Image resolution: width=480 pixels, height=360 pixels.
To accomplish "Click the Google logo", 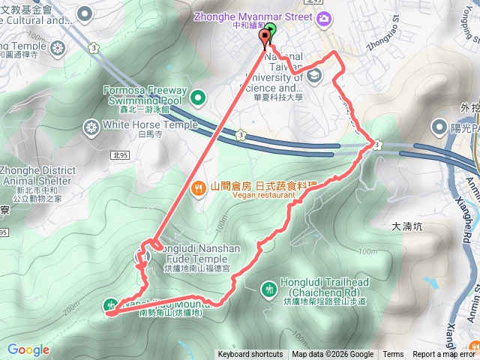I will coord(28,349).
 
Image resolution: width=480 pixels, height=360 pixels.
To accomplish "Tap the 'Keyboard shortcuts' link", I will coord(250,355).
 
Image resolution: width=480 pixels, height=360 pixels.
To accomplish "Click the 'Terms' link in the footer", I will coord(393,355).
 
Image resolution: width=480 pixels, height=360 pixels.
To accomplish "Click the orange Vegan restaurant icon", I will coord(199,187).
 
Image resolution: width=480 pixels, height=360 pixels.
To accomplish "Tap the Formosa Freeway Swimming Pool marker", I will coord(198,97).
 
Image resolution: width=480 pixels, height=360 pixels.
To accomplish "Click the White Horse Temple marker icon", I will coord(91,125).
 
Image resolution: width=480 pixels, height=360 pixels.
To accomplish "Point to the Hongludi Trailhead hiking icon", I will coord(269,289).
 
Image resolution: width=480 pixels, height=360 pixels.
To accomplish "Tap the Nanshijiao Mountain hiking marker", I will coord(111,304).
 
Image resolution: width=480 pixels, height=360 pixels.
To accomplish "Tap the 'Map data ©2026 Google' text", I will coord(332,355).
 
